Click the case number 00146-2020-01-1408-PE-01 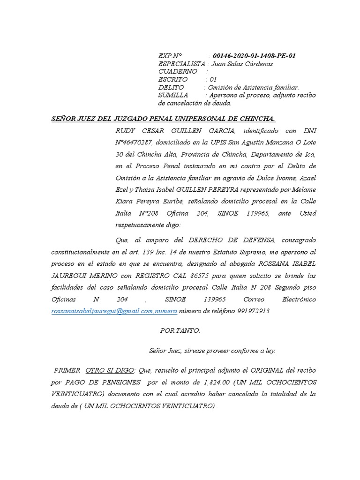point(254,56)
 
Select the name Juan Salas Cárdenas point(242,64)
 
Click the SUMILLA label point(173,95)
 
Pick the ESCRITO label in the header point(173,80)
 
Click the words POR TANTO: point(180,331)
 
